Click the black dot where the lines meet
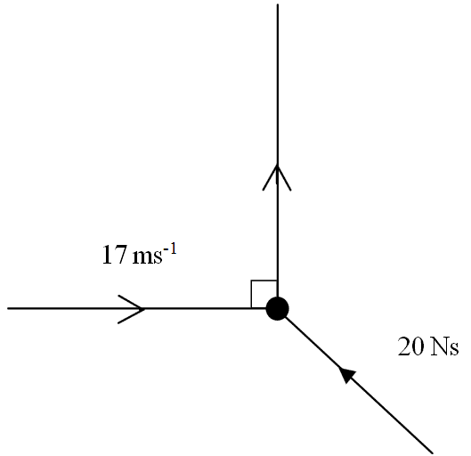[277, 308]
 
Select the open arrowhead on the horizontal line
[132, 309]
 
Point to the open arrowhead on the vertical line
[277, 177]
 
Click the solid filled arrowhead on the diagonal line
[347, 374]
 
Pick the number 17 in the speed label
[114, 255]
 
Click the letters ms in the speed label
[148, 257]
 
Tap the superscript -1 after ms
[170, 249]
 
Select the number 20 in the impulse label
[411, 346]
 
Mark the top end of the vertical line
[278, 4]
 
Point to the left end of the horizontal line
[8, 308]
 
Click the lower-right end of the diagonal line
[433, 452]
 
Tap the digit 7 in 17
[120, 255]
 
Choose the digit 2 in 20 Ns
[404, 346]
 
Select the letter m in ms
[143, 257]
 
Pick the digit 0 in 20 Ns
[418, 346]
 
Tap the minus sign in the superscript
[166, 249]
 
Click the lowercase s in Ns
[454, 349]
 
